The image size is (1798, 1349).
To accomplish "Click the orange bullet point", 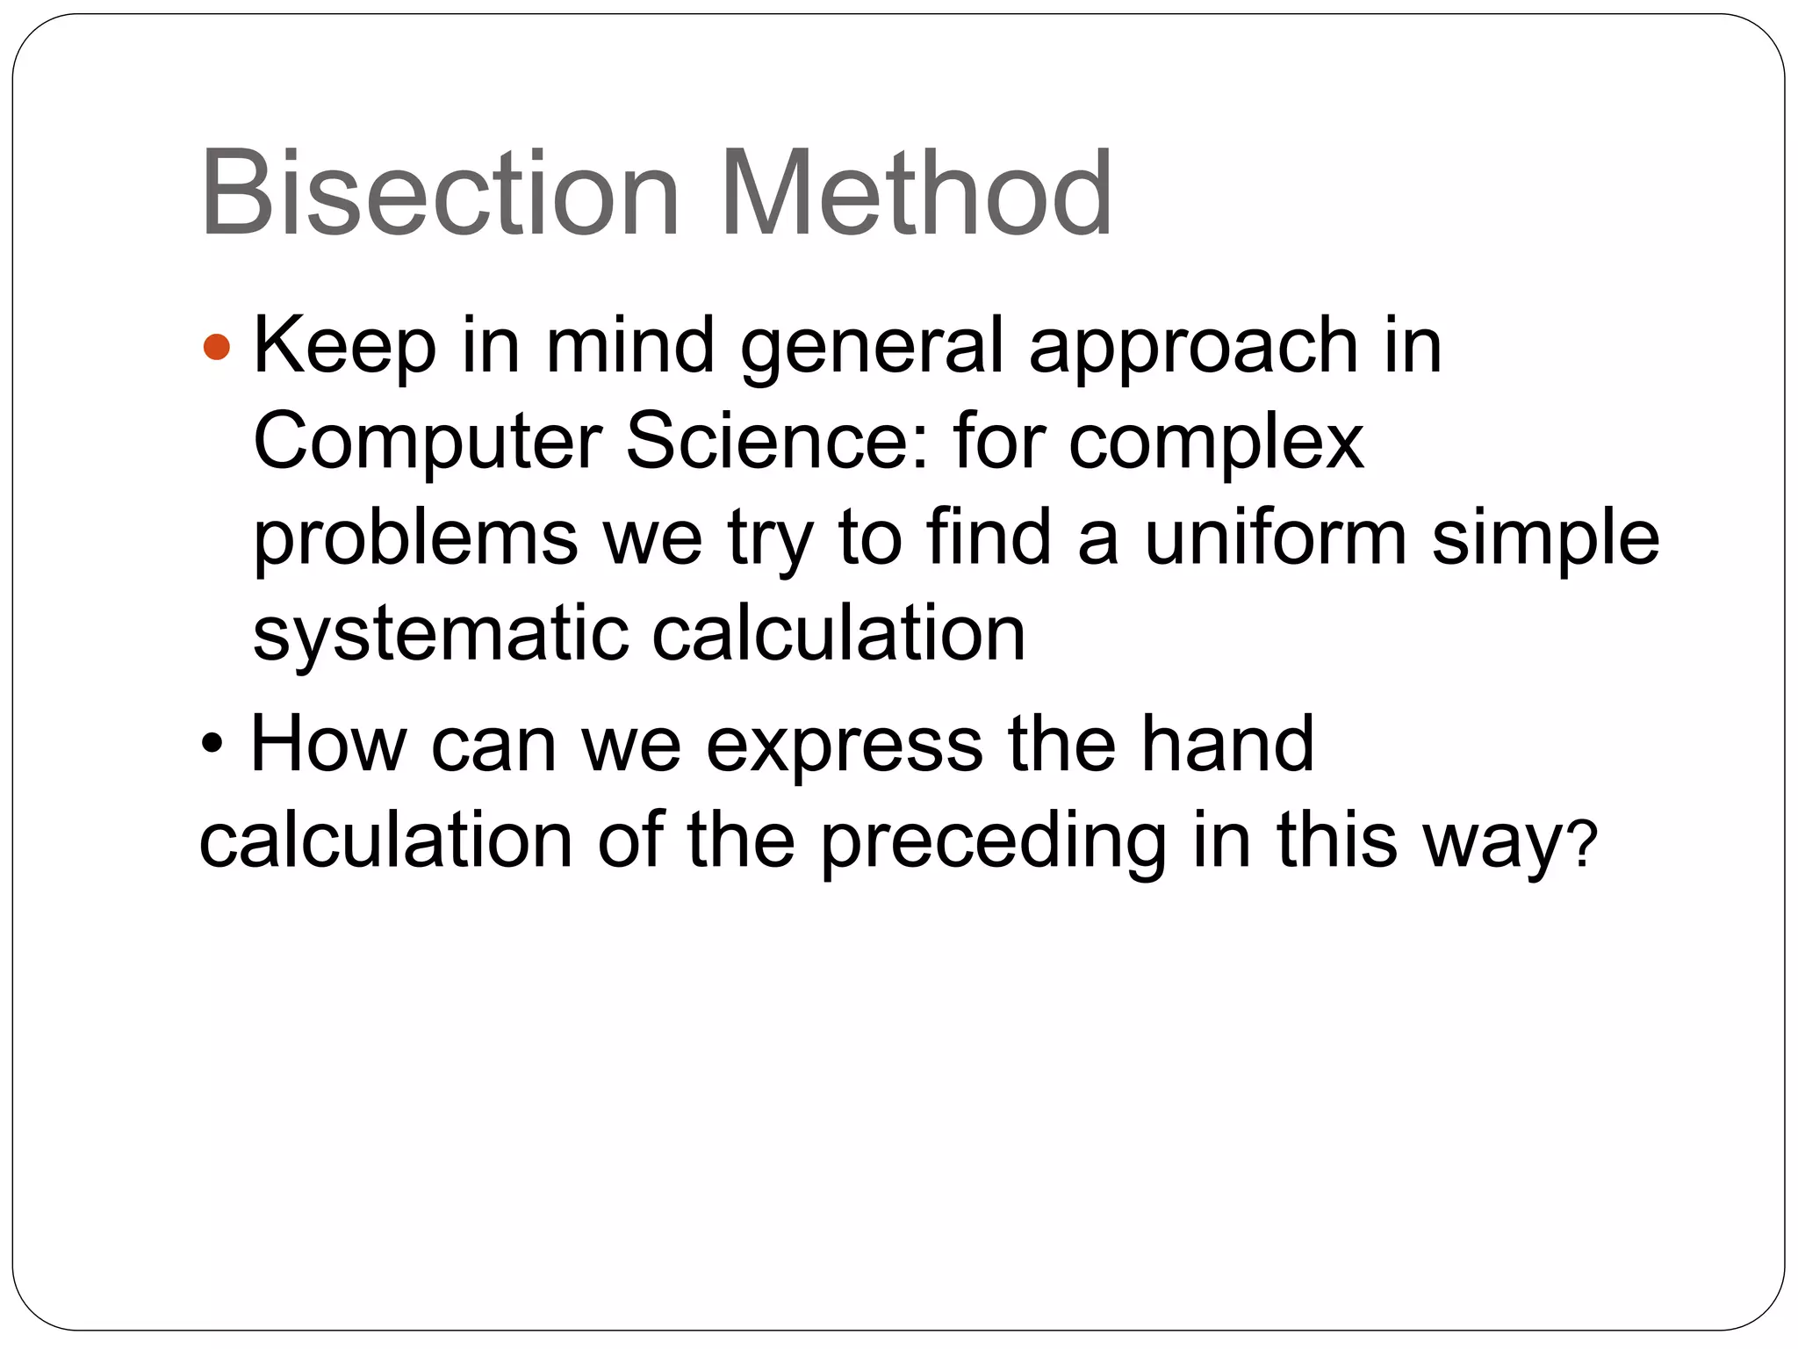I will tap(216, 347).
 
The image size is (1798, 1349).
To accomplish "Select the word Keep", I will tap(344, 347).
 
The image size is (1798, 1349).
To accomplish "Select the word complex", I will tap(1217, 444).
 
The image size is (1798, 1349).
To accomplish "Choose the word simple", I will tap(1546, 539).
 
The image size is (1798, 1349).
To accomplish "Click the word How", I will tap(328, 745).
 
